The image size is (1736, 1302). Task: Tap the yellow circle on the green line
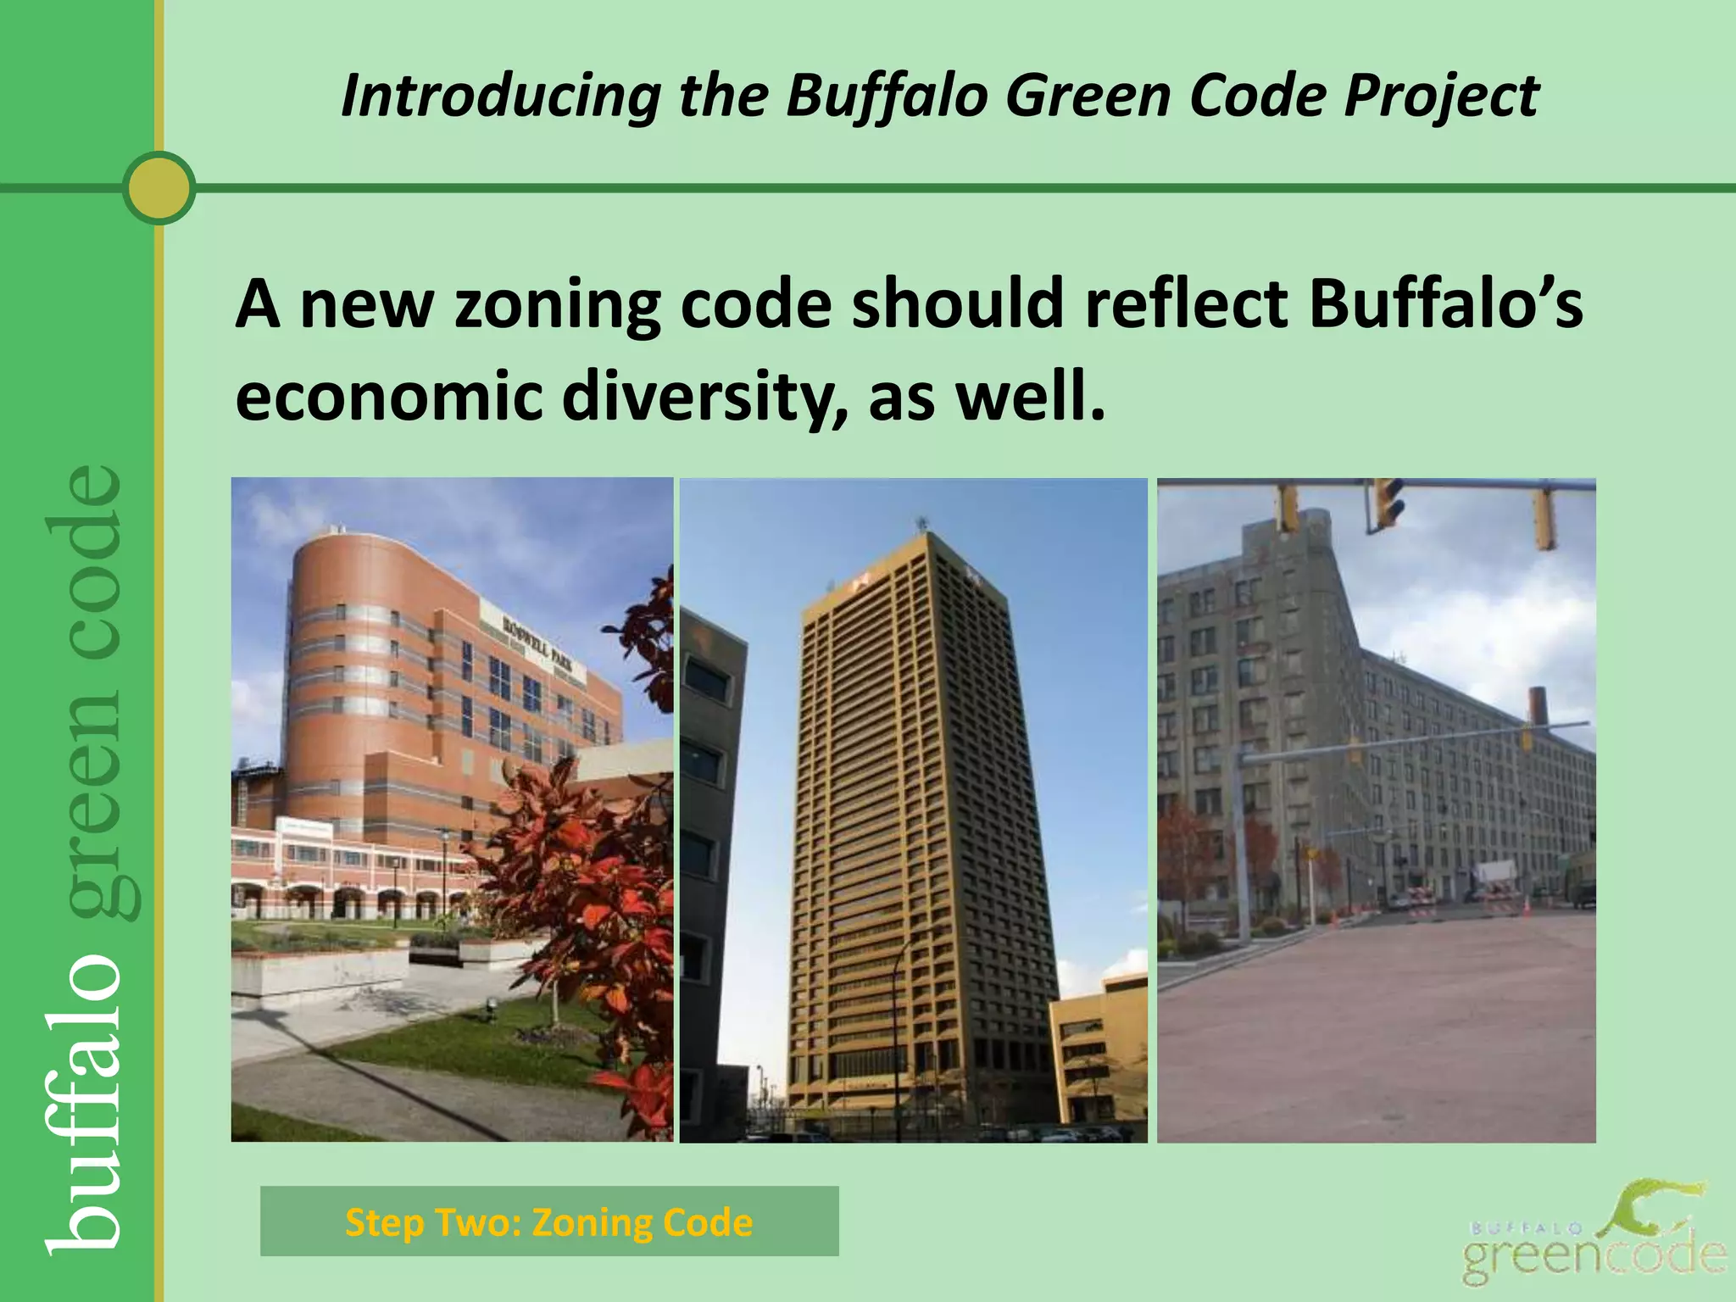click(x=159, y=187)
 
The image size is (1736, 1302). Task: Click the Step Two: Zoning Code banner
click(x=549, y=1221)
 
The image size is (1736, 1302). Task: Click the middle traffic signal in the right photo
click(x=1385, y=504)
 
